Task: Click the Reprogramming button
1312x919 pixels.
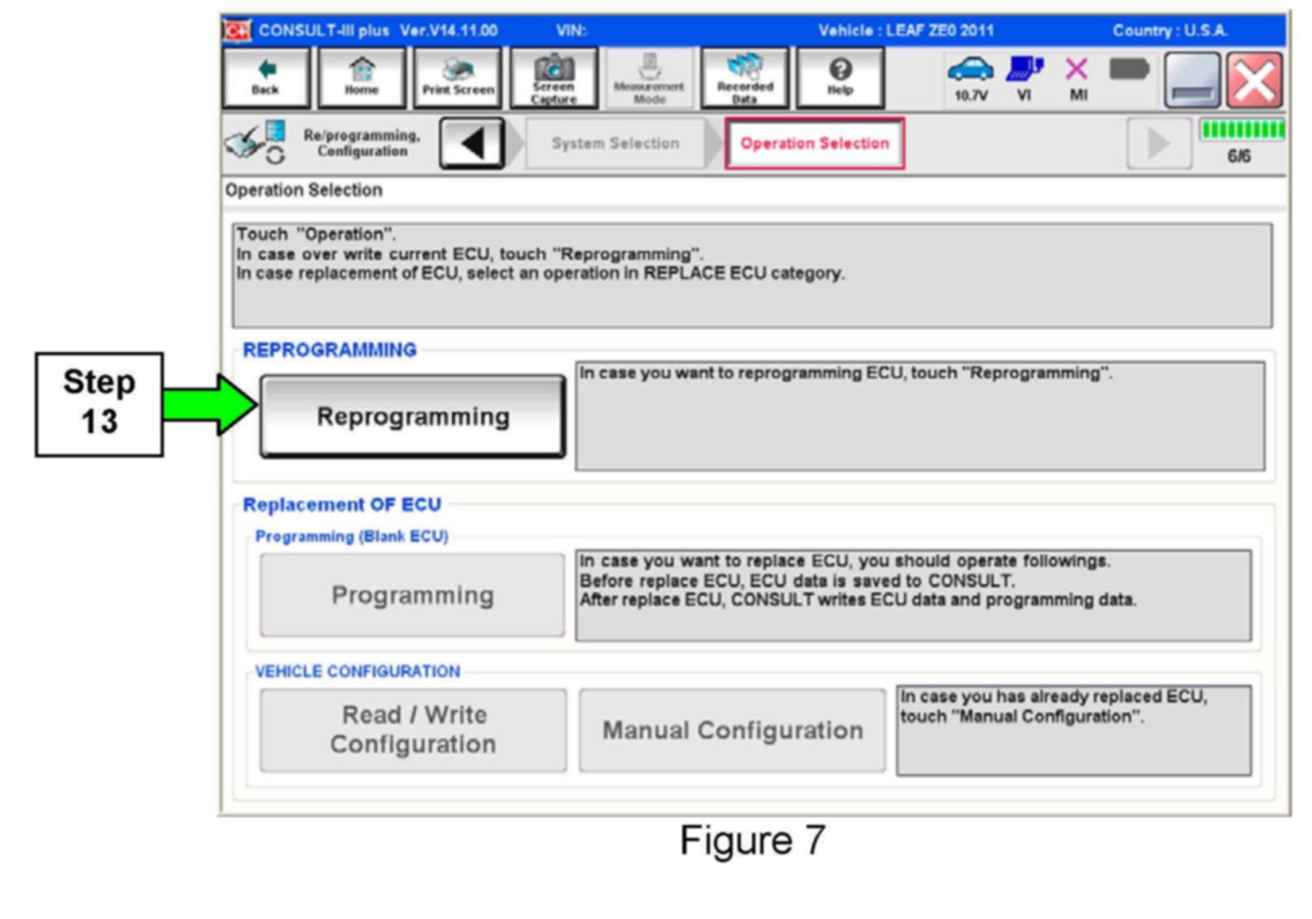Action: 412,416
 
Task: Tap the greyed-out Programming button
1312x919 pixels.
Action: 412,595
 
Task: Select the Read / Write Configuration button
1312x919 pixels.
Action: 413,729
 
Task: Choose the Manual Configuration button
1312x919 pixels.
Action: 732,730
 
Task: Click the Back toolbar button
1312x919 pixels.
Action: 265,77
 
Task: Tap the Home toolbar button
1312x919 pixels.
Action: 361,77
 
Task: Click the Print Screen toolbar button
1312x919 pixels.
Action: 458,77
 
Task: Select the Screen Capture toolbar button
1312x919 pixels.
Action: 553,77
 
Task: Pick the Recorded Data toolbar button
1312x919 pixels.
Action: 745,77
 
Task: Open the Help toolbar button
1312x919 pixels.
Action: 840,77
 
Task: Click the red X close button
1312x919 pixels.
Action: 1254,80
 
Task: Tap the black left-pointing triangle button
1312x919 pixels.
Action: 471,144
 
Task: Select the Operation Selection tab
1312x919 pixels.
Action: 814,144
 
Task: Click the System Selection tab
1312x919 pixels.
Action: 615,144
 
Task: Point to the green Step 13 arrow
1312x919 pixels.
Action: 209,404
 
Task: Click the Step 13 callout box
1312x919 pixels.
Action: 99,403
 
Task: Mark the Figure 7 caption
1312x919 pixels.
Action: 752,840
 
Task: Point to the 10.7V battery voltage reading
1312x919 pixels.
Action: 970,96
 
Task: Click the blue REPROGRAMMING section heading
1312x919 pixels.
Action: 329,350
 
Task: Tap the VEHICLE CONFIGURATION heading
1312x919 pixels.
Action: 357,672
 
